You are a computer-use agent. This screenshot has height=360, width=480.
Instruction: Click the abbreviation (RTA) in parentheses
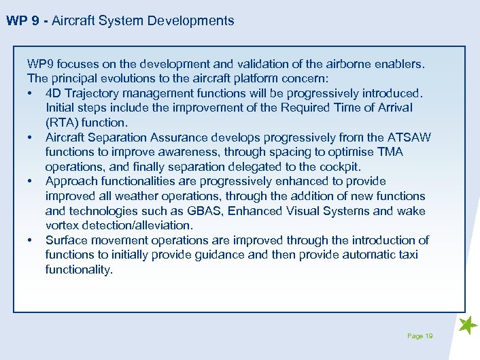[62, 122]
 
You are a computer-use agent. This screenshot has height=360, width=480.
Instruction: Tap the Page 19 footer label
[419, 336]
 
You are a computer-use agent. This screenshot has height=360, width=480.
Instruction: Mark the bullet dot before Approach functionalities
[31, 182]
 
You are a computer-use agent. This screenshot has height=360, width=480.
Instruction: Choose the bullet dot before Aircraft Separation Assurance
[31, 137]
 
